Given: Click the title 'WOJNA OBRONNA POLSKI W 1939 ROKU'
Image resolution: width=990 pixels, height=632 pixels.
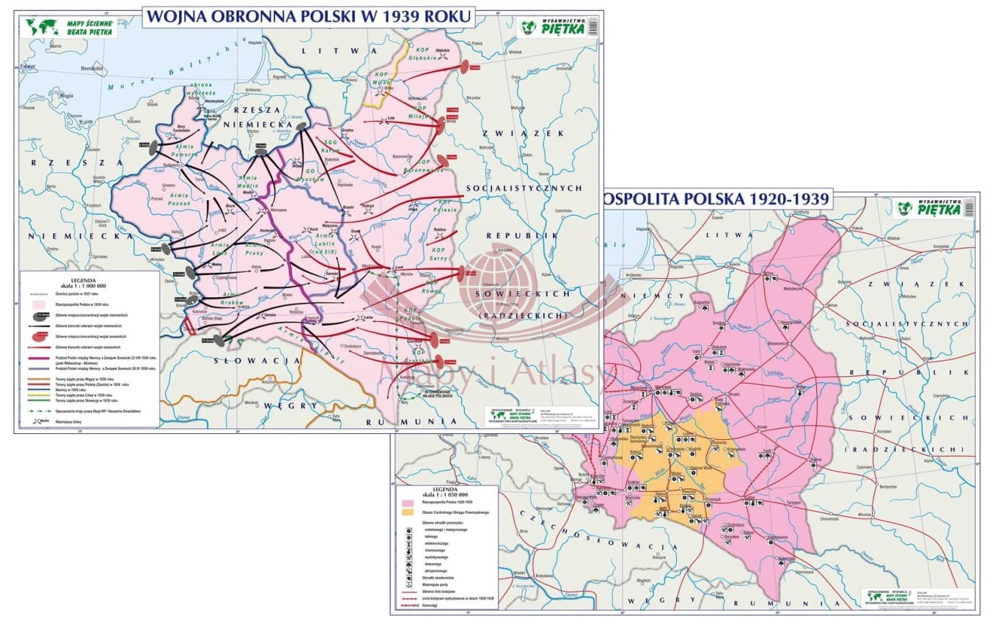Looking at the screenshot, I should tap(308, 15).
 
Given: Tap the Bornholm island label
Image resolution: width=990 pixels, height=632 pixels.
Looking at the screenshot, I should tap(92, 69).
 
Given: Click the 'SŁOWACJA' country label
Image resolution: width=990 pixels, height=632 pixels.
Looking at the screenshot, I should tap(257, 361).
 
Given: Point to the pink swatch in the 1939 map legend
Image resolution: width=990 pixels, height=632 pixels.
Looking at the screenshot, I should tap(34, 303).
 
